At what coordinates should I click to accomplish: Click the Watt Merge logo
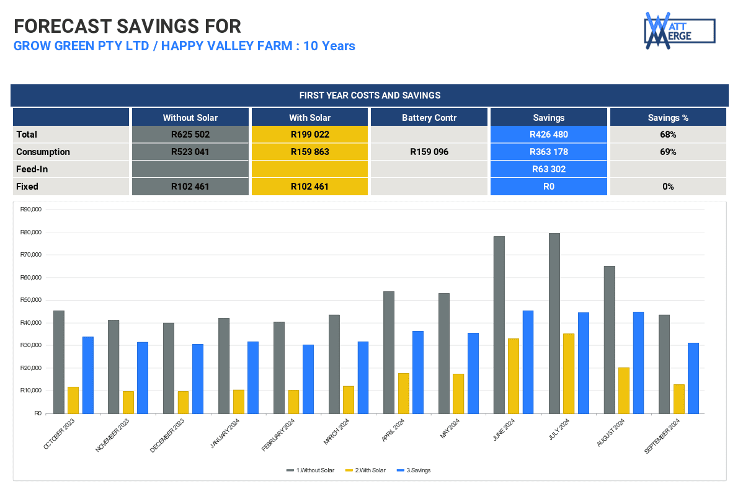pos(680,30)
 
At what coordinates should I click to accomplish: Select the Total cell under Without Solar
pos(190,135)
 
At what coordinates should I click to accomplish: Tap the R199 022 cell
pos(309,135)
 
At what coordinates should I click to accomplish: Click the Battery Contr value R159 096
pos(429,152)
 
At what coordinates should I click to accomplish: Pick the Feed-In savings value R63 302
pos(549,169)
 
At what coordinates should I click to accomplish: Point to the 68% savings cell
pos(668,135)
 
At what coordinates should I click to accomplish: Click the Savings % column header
pos(668,118)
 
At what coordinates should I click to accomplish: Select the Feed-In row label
pos(32,169)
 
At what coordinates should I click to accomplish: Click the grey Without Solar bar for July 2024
pos(554,324)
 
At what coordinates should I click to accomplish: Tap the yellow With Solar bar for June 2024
pos(513,376)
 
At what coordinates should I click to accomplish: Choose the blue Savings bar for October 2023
pos(87,375)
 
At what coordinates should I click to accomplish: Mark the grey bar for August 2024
pos(610,340)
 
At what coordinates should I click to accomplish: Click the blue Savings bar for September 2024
pos(693,379)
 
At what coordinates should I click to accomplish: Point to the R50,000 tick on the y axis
pos(31,300)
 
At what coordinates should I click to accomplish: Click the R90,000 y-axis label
pos(31,210)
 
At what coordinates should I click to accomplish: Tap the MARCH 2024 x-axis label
pos(336,431)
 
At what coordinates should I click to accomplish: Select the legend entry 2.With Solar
pos(365,470)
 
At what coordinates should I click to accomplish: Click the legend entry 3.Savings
pos(414,470)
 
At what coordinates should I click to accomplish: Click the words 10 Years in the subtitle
pos(329,46)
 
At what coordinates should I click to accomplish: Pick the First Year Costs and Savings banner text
pos(370,95)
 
